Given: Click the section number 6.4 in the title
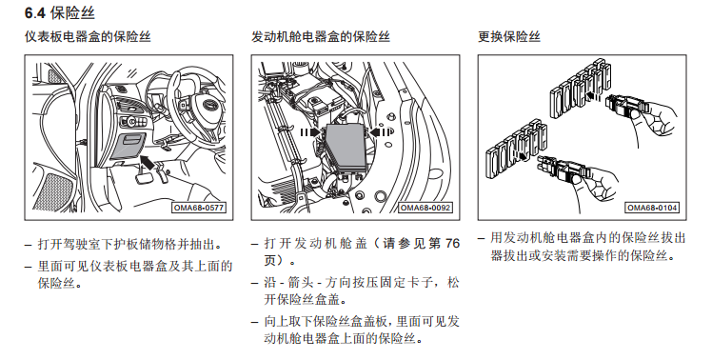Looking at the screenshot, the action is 35,13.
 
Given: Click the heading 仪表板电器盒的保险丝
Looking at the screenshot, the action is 88,37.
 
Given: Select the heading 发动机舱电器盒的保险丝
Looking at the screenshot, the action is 321,37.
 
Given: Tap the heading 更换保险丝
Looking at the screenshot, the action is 509,37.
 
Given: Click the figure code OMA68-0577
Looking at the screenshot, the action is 198,208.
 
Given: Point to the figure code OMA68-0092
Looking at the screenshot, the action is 425,208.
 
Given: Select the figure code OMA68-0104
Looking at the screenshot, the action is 652,208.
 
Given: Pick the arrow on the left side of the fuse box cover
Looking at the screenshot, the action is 310,132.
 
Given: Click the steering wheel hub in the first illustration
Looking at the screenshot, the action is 208,105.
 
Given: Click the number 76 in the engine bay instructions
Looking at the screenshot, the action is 452,244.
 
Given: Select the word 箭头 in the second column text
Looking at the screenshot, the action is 301,283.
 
